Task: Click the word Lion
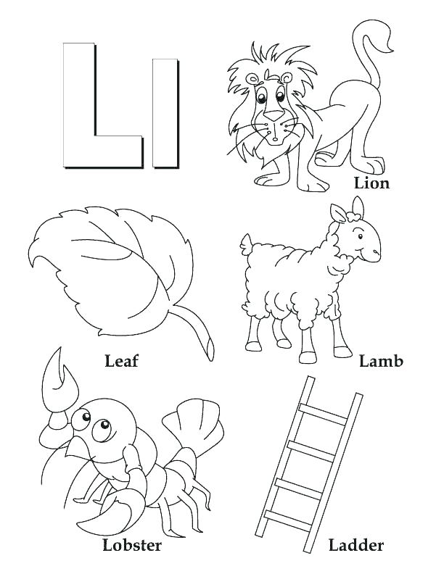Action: click(x=371, y=183)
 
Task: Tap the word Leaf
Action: click(x=121, y=359)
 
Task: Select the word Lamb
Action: click(x=381, y=360)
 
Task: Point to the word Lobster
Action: click(x=132, y=544)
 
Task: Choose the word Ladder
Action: click(x=355, y=544)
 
